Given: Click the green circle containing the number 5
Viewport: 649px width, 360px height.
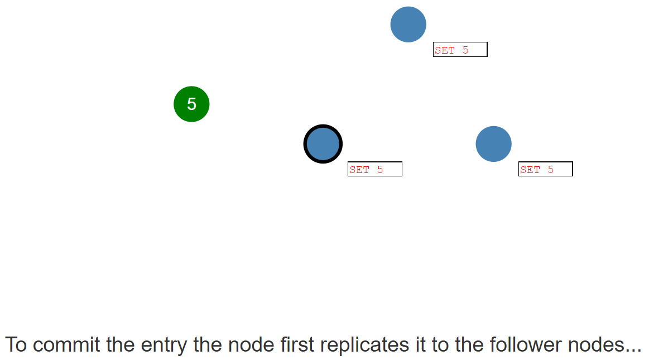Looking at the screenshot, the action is point(191,104).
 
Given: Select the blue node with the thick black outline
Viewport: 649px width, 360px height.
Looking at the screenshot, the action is point(323,144).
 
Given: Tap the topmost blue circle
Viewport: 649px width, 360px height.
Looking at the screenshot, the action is point(408,25).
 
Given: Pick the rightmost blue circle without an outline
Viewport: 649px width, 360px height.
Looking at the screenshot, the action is point(493,144).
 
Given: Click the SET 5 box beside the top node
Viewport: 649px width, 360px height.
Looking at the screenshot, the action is point(460,50).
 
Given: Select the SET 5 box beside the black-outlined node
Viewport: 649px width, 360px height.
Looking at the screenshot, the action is point(375,169).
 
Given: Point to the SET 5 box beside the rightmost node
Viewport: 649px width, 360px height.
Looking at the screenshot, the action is point(546,169).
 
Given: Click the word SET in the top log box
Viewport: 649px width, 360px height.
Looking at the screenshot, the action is point(445,50).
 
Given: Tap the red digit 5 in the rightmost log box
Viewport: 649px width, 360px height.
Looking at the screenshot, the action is point(550,170).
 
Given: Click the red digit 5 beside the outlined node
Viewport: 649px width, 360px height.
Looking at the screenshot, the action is point(380,170).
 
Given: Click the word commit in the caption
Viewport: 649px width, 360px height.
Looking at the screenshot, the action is point(66,345).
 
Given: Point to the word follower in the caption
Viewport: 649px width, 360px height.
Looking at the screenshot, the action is point(526,345).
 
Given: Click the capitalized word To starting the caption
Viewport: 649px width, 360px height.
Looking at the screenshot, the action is point(16,345).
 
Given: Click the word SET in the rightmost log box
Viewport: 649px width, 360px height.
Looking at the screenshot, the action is point(530,170).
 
